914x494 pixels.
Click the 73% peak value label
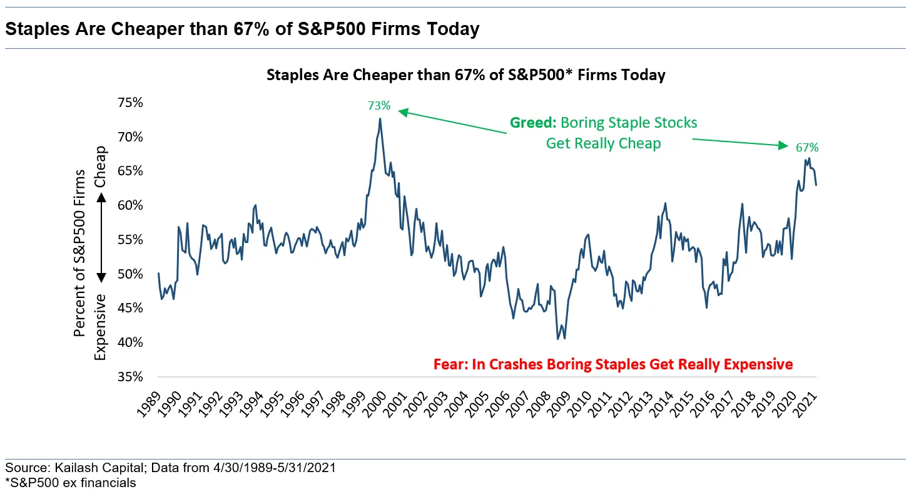[x=379, y=106]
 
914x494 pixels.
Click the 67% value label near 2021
[x=806, y=148]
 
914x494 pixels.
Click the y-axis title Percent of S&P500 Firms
[x=79, y=253]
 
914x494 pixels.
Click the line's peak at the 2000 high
[x=380, y=118]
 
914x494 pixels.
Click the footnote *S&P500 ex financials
[x=71, y=483]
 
